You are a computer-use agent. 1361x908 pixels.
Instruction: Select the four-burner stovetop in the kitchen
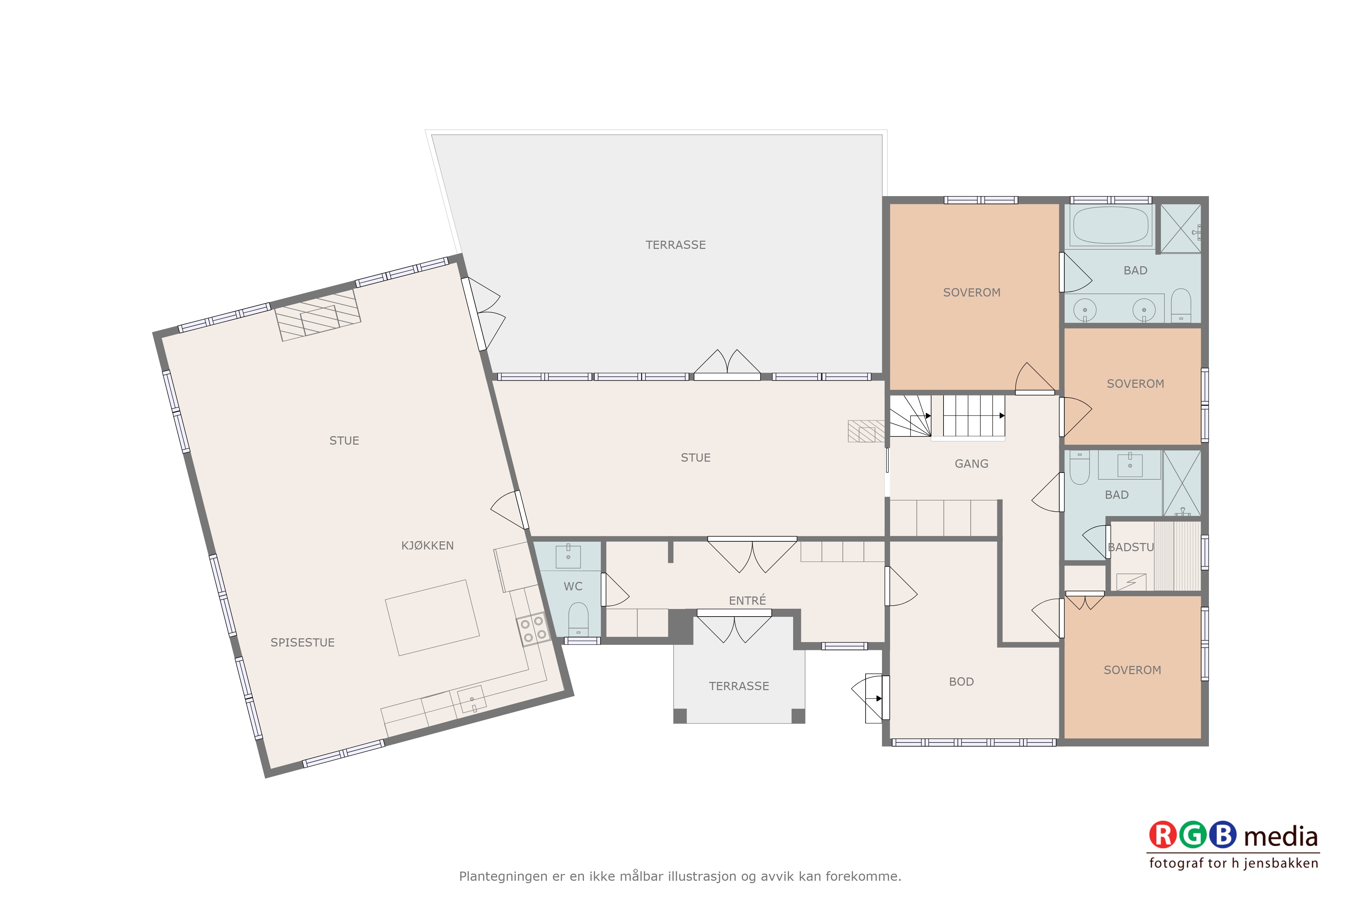point(533,629)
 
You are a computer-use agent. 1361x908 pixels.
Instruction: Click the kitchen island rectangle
point(432,618)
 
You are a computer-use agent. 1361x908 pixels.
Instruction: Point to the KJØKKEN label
point(428,545)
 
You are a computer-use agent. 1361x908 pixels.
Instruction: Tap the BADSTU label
point(1131,547)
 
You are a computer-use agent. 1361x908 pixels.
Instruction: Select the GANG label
point(971,464)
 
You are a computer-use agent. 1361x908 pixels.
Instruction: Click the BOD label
point(961,682)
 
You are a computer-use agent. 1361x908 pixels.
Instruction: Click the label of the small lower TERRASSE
point(739,686)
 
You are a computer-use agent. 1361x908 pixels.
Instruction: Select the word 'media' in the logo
point(1281,837)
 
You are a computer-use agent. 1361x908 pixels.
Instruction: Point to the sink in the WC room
point(568,556)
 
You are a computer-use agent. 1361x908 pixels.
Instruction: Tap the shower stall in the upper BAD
point(1180,228)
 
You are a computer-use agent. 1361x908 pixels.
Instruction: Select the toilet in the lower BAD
point(1079,467)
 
